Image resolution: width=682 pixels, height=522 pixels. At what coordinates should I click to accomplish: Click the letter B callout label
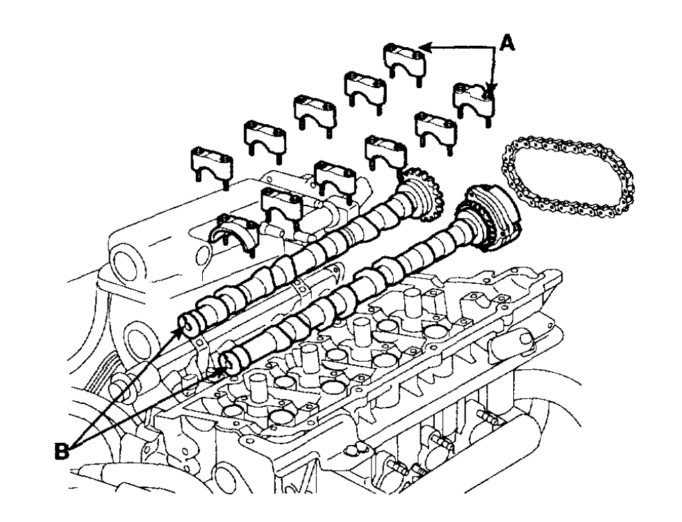click(62, 451)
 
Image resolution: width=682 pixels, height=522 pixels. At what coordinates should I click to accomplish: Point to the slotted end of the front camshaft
click(229, 363)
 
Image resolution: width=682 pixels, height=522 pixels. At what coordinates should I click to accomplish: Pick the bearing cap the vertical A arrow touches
click(474, 103)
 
